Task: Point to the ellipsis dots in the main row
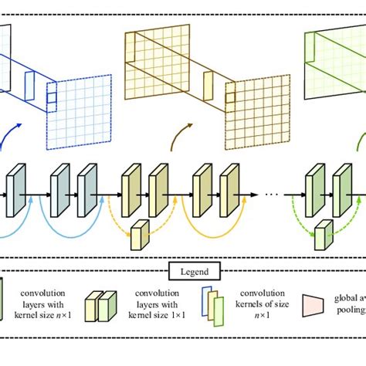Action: click(270, 195)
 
